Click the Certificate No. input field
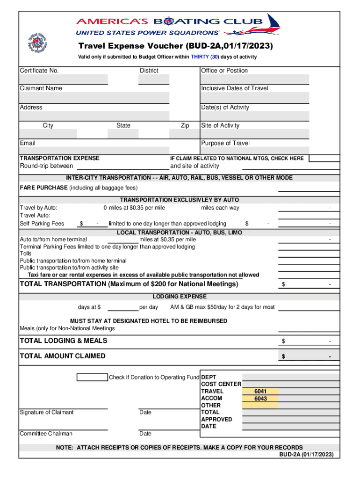point(63,80)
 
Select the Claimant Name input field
point(94,97)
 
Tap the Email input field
point(94,151)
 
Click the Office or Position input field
point(255,80)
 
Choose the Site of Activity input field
point(255,134)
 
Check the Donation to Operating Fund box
point(92,377)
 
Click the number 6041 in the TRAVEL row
point(260,392)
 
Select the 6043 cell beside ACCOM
point(260,399)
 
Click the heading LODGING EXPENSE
point(180,297)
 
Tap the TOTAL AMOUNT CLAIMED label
point(63,356)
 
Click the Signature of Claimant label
point(47,413)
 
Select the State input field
point(123,134)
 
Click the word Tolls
point(26,254)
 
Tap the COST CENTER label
point(221,384)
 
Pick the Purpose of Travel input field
point(255,151)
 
